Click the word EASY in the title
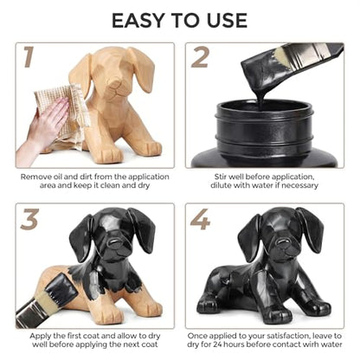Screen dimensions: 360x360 (x=138, y=21)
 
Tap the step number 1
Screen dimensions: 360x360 (x=29, y=58)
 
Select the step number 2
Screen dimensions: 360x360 (x=200, y=58)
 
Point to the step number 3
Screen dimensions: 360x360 (x=29, y=219)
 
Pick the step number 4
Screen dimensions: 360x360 (x=200, y=219)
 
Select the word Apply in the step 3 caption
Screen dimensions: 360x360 (x=40, y=337)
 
